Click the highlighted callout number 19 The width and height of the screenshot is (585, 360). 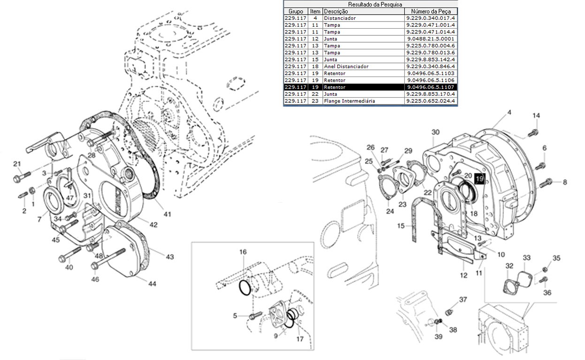(x=480, y=179)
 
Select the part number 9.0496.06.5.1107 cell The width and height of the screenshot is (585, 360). (x=431, y=87)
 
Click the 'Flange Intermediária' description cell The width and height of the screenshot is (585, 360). (x=349, y=101)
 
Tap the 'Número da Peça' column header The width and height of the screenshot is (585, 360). (x=431, y=11)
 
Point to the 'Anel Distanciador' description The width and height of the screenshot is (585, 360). (x=346, y=66)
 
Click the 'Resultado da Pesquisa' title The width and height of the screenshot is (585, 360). (x=375, y=4)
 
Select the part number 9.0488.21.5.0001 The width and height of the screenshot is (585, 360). (x=431, y=38)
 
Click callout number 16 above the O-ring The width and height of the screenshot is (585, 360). (x=243, y=252)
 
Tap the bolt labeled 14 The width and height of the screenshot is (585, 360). (x=533, y=133)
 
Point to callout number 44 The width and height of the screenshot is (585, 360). (x=152, y=283)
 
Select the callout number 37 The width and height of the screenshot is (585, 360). (x=463, y=299)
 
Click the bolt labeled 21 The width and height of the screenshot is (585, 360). (x=22, y=176)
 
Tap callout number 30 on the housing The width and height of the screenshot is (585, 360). (x=435, y=132)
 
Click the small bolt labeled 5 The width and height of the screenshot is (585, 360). (x=255, y=315)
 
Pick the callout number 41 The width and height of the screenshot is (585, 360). (x=167, y=214)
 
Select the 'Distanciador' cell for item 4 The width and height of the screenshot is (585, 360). (x=340, y=18)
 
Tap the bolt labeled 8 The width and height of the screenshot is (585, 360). (x=546, y=183)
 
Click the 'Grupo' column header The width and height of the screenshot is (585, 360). (x=296, y=11)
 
